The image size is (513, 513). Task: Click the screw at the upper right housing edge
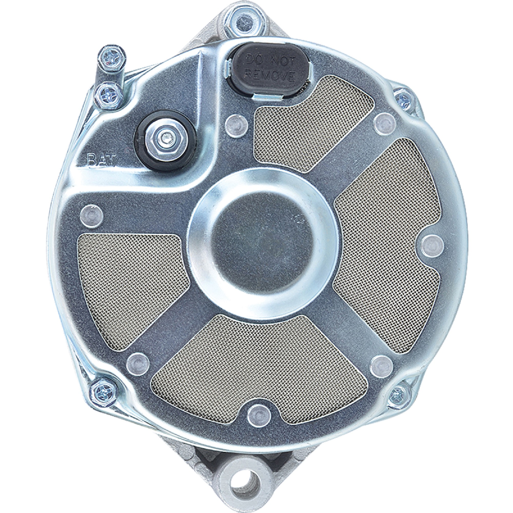pyautogui.click(x=405, y=100)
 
